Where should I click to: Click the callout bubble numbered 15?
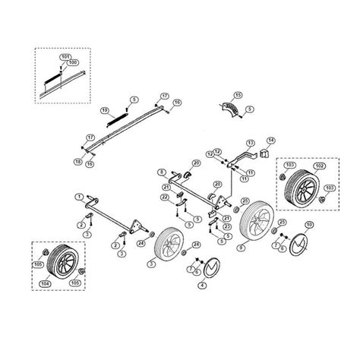(238, 95)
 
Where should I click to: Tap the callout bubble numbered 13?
(248, 144)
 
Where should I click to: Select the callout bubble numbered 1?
(78, 197)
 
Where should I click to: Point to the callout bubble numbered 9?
(241, 247)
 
